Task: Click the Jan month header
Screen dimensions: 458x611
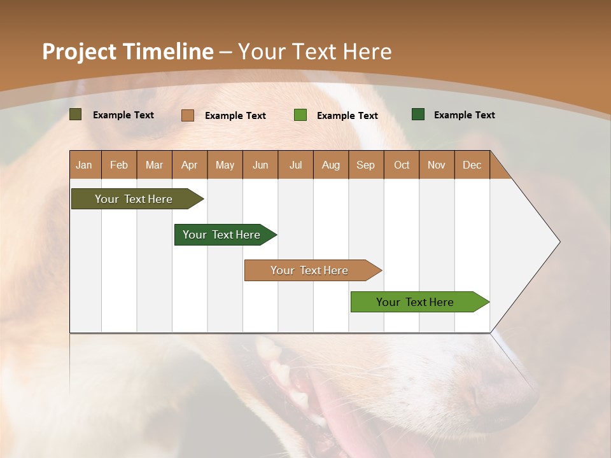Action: pyautogui.click(x=84, y=165)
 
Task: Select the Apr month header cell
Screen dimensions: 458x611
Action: pyautogui.click(x=190, y=165)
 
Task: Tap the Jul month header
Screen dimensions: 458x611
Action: pyautogui.click(x=295, y=165)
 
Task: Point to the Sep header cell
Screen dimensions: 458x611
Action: pyautogui.click(x=365, y=165)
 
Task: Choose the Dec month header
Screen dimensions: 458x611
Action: pyautogui.click(x=472, y=165)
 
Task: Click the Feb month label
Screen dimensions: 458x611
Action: pyautogui.click(x=119, y=165)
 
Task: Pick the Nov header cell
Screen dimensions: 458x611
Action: pyautogui.click(x=437, y=165)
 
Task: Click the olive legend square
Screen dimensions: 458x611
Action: pyautogui.click(x=76, y=114)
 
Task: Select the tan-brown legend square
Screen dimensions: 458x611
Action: pyautogui.click(x=188, y=115)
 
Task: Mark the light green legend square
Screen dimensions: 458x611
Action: pyautogui.click(x=300, y=115)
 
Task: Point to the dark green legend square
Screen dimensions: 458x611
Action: pyautogui.click(x=418, y=114)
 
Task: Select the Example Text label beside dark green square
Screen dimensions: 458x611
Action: pyautogui.click(x=464, y=115)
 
